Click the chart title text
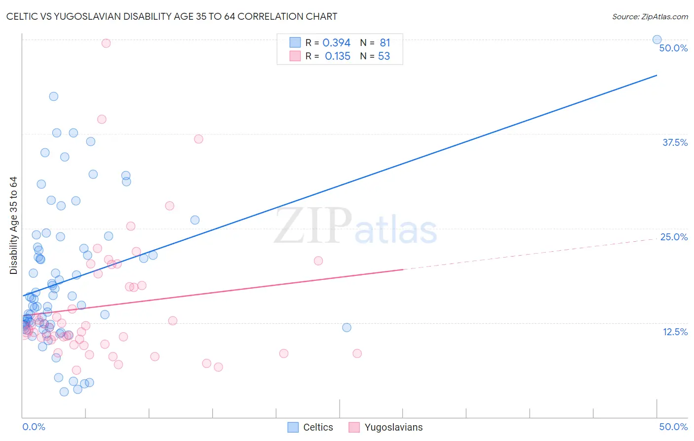[x=172, y=16]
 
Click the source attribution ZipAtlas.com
[x=650, y=16]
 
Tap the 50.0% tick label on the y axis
[x=673, y=48]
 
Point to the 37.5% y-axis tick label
[x=675, y=142]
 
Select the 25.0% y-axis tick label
[x=674, y=237]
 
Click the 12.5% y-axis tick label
[x=675, y=332]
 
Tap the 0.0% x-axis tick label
[x=34, y=427]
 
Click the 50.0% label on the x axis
[x=673, y=427]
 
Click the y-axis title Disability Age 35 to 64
[x=13, y=225]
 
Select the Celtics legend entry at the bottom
[x=310, y=427]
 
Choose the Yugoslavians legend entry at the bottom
[x=386, y=427]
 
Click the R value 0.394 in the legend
[x=336, y=43]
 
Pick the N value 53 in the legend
[x=384, y=56]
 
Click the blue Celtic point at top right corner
[x=657, y=40]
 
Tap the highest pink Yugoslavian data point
[x=106, y=43]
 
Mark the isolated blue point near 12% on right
[x=347, y=327]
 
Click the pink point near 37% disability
[x=198, y=139]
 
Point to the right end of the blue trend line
[x=656, y=75]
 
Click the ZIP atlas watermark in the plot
[x=355, y=226]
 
